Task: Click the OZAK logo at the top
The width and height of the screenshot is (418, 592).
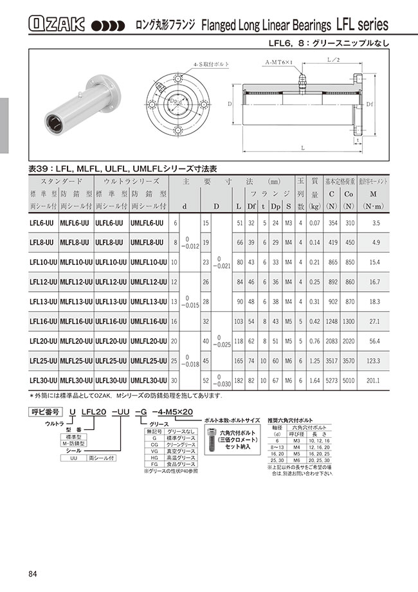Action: pyautogui.click(x=57, y=25)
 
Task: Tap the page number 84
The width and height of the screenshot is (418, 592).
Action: pyautogui.click(x=33, y=574)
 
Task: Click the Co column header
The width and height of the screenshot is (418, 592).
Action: pyautogui.click(x=349, y=194)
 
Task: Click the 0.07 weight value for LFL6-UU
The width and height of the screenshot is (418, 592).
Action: pyautogui.click(x=314, y=222)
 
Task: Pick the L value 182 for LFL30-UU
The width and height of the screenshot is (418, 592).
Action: pyautogui.click(x=239, y=380)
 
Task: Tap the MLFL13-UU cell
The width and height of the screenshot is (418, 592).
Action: pyautogui.click(x=77, y=301)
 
